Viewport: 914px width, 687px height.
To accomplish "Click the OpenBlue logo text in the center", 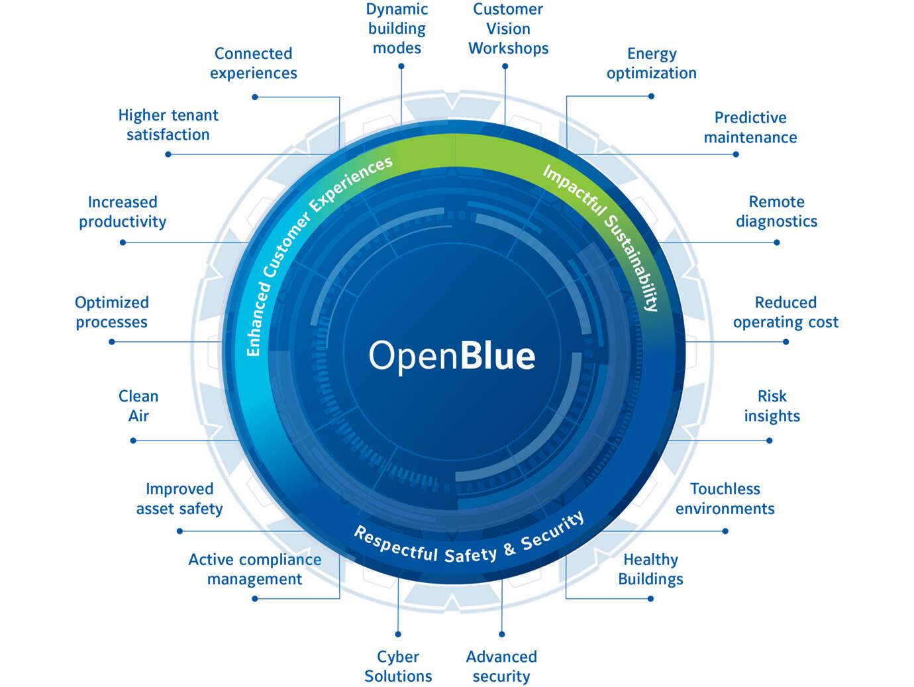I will tap(452, 355).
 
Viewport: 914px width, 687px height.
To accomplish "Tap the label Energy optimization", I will tap(652, 64).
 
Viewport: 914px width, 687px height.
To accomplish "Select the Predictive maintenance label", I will tap(750, 127).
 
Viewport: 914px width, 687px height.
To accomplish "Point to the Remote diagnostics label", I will tap(776, 211).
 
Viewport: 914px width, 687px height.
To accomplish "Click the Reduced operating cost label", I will tap(786, 312).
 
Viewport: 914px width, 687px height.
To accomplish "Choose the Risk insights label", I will tap(772, 405).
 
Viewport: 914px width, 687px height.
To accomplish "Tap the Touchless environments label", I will tap(725, 498).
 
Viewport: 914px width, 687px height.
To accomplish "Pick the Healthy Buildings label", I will tap(650, 569).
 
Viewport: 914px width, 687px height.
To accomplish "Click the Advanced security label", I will tap(501, 666).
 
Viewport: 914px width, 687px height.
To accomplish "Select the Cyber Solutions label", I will tap(398, 666).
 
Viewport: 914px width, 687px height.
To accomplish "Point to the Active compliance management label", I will tap(255, 569).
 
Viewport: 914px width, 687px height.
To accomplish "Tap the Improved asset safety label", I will tap(179, 498).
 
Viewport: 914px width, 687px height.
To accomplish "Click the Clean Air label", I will tap(138, 405).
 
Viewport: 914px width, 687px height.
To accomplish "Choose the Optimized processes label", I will tap(111, 312).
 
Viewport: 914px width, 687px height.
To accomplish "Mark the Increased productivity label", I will tap(123, 211).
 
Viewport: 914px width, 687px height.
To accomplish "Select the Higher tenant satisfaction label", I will tap(168, 125).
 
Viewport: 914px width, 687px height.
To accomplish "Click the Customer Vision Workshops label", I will tap(508, 28).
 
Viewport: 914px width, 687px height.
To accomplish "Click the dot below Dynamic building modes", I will tap(401, 66).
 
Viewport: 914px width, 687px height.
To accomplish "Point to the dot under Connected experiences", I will tap(255, 97).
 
